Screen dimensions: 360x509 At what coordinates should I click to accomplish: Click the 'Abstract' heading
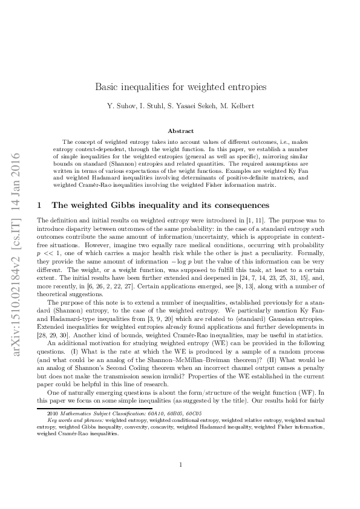[x=180, y=131]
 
